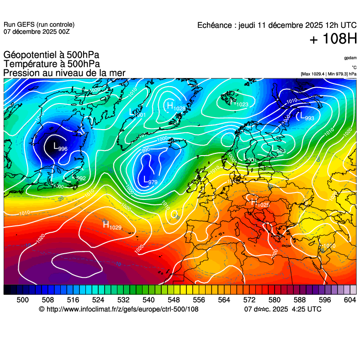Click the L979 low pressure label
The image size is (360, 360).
point(150,181)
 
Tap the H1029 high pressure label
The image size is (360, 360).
point(112,224)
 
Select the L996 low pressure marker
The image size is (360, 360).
point(60,147)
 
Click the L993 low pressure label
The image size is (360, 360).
point(307,117)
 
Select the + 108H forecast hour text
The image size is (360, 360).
point(333,40)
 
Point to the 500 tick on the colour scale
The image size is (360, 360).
point(22,300)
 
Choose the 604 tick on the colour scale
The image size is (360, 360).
point(349,300)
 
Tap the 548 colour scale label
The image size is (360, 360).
point(173,300)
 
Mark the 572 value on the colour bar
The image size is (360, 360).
point(249,300)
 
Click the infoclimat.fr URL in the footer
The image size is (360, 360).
point(122,309)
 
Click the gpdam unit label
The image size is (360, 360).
point(350,58)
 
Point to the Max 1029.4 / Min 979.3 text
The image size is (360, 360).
point(328,73)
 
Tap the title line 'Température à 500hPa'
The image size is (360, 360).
point(52,64)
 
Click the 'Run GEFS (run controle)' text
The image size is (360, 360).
point(39,25)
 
